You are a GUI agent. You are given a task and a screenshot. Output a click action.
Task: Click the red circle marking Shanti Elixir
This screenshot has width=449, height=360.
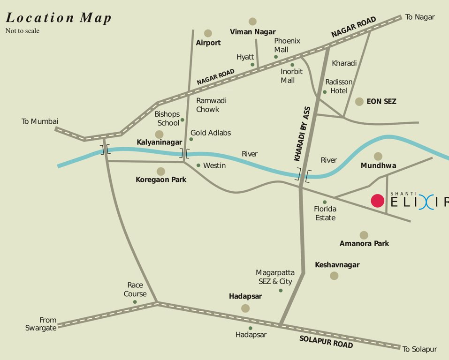[x=378, y=201]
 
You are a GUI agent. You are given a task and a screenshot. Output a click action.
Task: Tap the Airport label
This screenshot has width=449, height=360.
[x=208, y=43]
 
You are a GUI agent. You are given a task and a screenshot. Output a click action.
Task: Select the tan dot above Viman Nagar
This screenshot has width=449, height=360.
[x=253, y=21]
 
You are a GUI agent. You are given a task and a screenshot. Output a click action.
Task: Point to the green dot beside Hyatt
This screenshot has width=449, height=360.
[x=252, y=65]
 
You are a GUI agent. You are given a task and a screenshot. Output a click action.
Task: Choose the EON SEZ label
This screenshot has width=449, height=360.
[x=381, y=101]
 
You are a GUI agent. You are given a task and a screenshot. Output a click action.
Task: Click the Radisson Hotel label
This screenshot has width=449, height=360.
[x=339, y=86]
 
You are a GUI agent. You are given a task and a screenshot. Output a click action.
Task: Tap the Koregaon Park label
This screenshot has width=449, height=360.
[x=161, y=180]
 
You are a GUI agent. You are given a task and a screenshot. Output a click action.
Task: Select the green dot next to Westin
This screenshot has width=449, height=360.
[x=198, y=165]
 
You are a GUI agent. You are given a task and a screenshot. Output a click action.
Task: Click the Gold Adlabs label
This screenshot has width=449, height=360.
[x=211, y=133]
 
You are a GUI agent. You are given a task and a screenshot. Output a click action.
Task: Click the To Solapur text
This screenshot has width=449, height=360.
[x=419, y=349]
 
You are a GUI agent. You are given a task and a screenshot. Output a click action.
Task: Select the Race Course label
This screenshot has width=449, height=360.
[x=135, y=290]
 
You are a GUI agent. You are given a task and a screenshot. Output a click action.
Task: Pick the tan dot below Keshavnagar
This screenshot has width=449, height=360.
[x=334, y=276]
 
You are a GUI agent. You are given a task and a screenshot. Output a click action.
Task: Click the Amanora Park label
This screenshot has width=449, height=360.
[x=364, y=243]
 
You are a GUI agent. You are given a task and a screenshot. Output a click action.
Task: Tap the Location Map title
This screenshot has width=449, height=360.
[x=59, y=18]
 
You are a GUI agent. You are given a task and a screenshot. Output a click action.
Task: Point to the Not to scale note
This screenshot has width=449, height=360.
[x=23, y=31]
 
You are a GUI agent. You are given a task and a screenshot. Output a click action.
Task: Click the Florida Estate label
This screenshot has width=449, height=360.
[x=325, y=214]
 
